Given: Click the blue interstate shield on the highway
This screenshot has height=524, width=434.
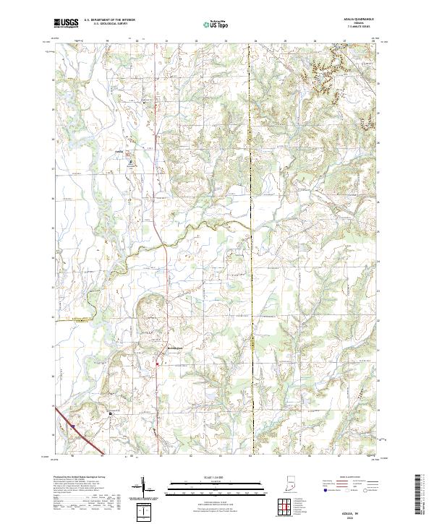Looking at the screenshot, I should coord(73,426).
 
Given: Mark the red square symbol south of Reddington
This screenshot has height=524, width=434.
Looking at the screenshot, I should coord(158,364).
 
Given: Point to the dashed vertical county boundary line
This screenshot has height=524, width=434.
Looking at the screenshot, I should coord(251,217).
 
